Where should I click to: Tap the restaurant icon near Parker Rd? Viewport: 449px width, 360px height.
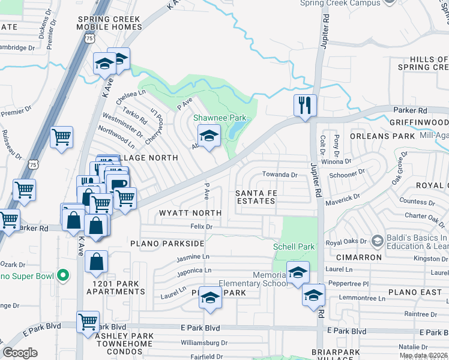pyautogui.click(x=305, y=106)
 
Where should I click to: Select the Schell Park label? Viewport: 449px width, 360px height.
pyautogui.click(x=294, y=247)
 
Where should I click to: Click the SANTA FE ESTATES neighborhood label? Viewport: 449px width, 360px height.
pyautogui.click(x=255, y=196)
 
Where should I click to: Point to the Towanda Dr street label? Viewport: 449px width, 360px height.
pyautogui.click(x=280, y=175)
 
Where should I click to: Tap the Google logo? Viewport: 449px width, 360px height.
pyautogui.click(x=20, y=353)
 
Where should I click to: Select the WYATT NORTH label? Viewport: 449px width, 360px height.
pyautogui.click(x=190, y=213)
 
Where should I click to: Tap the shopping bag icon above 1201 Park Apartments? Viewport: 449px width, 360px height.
pyautogui.click(x=96, y=262)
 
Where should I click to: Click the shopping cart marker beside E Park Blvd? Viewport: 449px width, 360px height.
pyautogui.click(x=88, y=322)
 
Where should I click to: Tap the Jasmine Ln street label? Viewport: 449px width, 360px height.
pyautogui.click(x=193, y=257)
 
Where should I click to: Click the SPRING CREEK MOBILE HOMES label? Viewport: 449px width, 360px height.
pyautogui.click(x=109, y=23)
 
